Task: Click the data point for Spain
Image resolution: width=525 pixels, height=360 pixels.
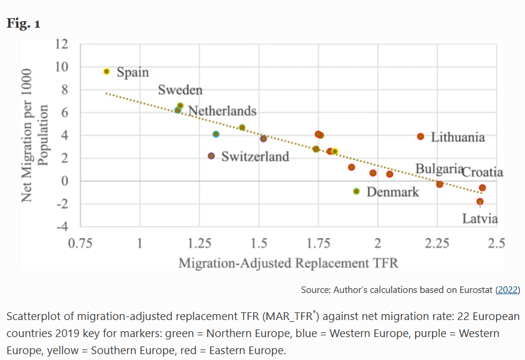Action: (107, 71)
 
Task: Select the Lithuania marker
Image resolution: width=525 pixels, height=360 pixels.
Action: (420, 136)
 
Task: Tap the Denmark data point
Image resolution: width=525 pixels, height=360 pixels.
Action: (356, 191)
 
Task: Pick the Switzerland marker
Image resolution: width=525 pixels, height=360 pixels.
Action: (211, 156)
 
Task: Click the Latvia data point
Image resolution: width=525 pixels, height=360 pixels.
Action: (480, 202)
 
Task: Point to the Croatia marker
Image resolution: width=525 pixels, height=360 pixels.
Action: (482, 188)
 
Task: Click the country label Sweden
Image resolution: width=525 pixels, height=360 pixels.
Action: (180, 90)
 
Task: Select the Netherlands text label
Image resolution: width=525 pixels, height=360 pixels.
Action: (222, 111)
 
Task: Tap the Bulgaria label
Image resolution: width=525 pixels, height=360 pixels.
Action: (439, 169)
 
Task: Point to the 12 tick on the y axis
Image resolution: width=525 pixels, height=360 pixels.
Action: (61, 44)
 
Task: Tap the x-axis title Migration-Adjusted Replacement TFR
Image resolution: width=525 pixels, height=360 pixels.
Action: (288, 262)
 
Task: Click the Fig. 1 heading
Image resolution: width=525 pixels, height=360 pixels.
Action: (24, 24)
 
